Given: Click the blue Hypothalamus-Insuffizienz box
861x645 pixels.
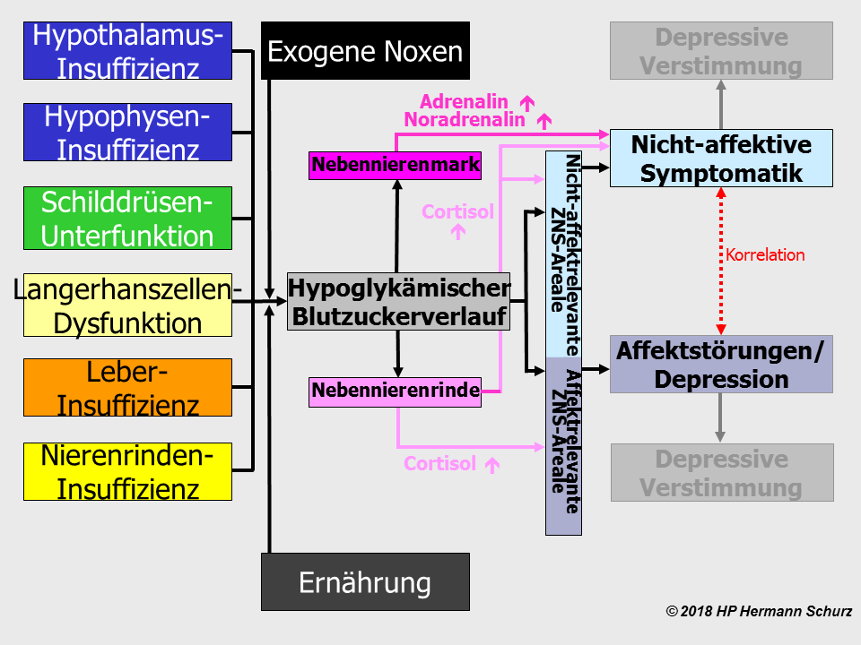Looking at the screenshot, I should coord(127,52).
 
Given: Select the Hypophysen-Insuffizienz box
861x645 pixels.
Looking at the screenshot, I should coord(127,132).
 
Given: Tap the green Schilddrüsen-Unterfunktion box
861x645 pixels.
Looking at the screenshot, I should coord(127,218).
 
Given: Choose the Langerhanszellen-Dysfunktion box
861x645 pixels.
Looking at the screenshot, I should coord(127,305).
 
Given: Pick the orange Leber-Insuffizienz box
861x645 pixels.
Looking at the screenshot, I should coord(127,387).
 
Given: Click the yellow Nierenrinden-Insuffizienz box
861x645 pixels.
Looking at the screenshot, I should coord(127,471).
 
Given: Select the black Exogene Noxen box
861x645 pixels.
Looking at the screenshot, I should coord(365,51).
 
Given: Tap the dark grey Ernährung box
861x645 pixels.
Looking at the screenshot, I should coord(365,582).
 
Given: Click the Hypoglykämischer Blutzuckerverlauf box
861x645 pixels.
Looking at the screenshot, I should coord(398,302).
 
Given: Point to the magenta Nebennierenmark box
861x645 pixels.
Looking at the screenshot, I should coord(396,165).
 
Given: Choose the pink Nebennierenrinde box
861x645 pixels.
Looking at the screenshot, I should coord(395,391).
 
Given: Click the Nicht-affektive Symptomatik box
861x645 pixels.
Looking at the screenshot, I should coord(721,158).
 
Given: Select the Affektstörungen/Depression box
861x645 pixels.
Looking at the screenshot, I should coord(721,364).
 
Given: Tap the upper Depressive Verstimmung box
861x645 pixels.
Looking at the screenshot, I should coord(721,51).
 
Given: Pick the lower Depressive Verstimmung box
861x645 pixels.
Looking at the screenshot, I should coord(721,472).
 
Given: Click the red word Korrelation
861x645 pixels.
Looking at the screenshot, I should coord(765,255).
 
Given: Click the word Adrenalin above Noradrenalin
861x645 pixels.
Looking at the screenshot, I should coord(464,101).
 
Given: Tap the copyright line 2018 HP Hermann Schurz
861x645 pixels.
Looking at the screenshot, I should coord(759,611).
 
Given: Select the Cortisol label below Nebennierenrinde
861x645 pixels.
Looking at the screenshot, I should coord(439,464).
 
